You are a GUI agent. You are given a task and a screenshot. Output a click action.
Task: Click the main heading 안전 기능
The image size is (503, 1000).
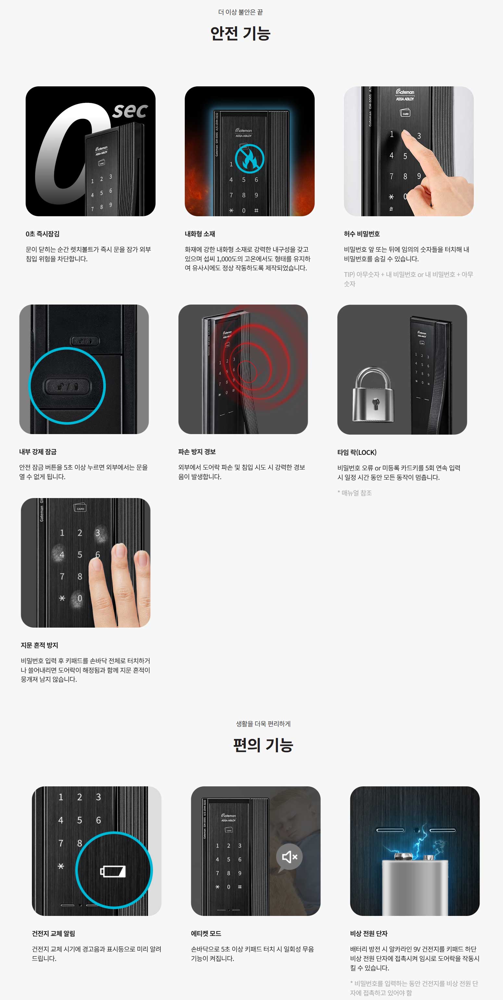point(240,33)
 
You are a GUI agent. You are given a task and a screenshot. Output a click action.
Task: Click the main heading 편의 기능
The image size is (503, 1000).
point(263,745)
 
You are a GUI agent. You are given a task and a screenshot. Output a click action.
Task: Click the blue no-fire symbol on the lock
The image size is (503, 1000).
point(250,158)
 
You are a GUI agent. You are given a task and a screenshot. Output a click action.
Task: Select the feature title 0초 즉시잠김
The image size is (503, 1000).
point(43,234)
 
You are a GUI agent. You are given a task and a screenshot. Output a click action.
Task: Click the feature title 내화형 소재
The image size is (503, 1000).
point(200,234)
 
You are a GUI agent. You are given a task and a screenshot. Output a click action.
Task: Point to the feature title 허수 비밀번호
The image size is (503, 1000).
point(362,234)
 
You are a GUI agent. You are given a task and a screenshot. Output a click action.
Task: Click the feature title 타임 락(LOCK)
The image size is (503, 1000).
point(357,452)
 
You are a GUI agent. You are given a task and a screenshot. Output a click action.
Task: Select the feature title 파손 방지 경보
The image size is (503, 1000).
point(197,452)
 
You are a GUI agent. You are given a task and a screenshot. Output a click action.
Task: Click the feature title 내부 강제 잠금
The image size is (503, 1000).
point(38,452)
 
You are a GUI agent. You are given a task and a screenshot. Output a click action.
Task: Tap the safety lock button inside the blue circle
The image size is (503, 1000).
point(67,386)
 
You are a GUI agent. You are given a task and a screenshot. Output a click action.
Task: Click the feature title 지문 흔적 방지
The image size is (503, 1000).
point(40,645)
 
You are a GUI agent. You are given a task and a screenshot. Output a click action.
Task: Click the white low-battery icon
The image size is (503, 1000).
point(113,871)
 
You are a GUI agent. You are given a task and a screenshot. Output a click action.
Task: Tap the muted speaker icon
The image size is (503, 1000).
point(289,857)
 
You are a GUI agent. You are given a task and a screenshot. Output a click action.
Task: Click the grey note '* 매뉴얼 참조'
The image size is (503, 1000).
point(355,493)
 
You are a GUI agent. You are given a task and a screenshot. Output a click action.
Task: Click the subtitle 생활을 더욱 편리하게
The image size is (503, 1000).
point(263,724)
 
